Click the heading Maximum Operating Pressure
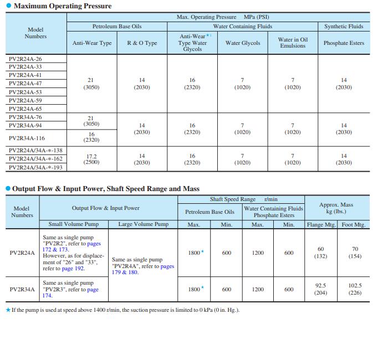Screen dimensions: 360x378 pos(62,6)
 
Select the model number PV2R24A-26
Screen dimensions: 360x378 pos(25,58)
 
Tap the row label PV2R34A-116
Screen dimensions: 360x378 pos(27,138)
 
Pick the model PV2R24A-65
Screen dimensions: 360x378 pos(25,109)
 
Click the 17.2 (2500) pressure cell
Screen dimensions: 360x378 pos(91,160)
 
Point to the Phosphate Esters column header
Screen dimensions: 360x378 pos(344,43)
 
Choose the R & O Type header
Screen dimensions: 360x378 pos(142,43)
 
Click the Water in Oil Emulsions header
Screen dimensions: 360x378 pos(293,43)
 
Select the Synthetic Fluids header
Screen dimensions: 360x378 pos(344,26)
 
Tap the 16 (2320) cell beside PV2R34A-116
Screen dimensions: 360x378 pos(91,137)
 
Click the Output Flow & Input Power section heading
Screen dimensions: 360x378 pos(105,189)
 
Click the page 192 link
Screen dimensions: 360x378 pos(73,268)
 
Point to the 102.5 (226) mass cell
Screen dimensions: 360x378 pos(355,289)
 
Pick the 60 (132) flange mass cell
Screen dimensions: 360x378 pos(320,253)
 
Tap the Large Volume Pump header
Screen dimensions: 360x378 pos(143,224)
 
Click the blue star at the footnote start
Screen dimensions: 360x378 pos(8,310)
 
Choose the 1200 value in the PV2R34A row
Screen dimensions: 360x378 pos(258,289)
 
